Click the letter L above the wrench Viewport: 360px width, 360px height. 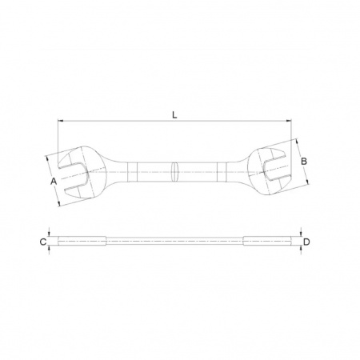(x=174, y=115)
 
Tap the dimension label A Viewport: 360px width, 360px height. (x=54, y=182)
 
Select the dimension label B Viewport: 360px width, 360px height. (x=304, y=162)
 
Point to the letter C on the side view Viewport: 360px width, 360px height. (x=43, y=242)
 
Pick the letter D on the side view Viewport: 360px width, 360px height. (x=306, y=242)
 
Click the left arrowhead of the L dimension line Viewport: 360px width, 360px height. (x=60, y=121)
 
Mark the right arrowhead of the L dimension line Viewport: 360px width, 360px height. (x=289, y=121)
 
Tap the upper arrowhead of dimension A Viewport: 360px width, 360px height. (x=47, y=158)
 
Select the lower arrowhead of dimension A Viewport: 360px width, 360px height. (x=59, y=204)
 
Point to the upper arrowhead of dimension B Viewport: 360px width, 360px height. (x=296, y=142)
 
